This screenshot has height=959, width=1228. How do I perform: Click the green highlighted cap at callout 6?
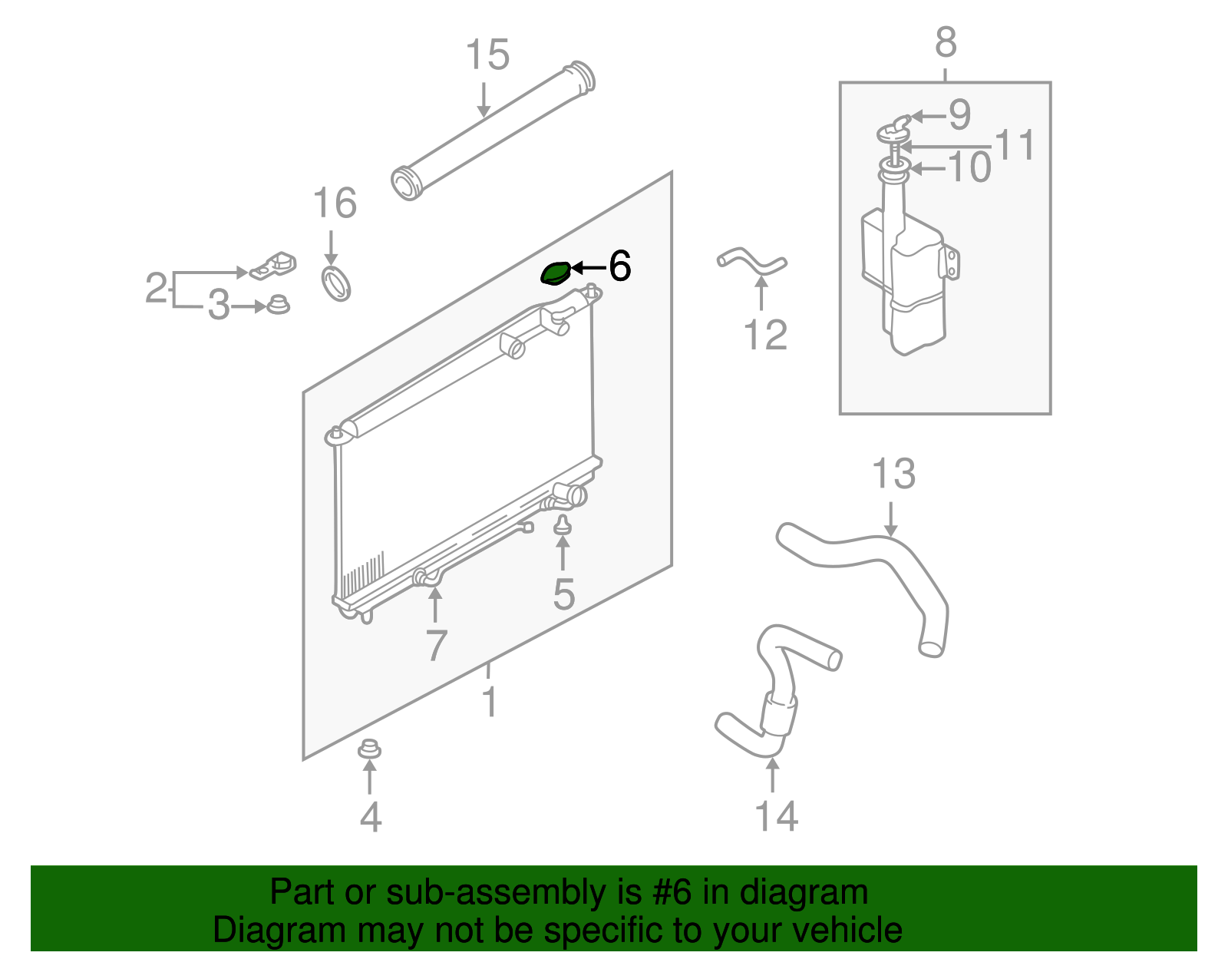pos(556,273)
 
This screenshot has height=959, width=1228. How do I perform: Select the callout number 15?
pos(487,55)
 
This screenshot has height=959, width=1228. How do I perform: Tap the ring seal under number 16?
pos(335,283)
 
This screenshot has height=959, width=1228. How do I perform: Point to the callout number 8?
pos(946,41)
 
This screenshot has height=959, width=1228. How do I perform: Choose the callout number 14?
pos(777,816)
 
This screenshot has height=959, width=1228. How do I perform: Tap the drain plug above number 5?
pos(562,525)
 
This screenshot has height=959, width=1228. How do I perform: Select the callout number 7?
pos(436,645)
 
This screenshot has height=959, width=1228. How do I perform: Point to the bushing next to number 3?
pos(278,305)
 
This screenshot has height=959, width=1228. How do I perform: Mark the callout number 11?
pos(1015,144)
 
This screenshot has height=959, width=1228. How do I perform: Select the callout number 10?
pos(969,167)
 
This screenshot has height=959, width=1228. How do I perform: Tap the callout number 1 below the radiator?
pos(490,701)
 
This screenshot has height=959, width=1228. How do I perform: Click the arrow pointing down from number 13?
pos(890,519)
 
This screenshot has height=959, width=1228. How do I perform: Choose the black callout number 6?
pos(619,266)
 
